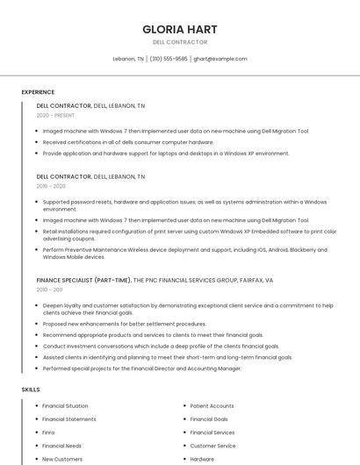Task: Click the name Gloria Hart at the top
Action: [x=179, y=29]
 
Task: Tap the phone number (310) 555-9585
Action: [x=168, y=59]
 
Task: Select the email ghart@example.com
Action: [x=220, y=59]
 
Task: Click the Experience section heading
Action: [x=38, y=92]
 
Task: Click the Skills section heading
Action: [x=31, y=389]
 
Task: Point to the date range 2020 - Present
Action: [x=55, y=115]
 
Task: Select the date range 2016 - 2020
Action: [x=51, y=186]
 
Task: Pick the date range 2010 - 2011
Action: [x=49, y=290]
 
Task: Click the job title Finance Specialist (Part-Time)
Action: [x=83, y=280]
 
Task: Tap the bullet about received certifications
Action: [x=127, y=142]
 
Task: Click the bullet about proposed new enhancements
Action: [x=124, y=324]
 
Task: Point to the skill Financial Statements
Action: [x=69, y=419]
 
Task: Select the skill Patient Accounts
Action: [x=212, y=406]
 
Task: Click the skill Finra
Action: [x=48, y=433]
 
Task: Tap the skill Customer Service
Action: [x=212, y=446]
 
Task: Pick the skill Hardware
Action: [x=202, y=459]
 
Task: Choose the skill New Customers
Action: [x=62, y=459]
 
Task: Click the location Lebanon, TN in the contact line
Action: [x=128, y=59]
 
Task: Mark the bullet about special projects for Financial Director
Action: [x=141, y=368]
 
